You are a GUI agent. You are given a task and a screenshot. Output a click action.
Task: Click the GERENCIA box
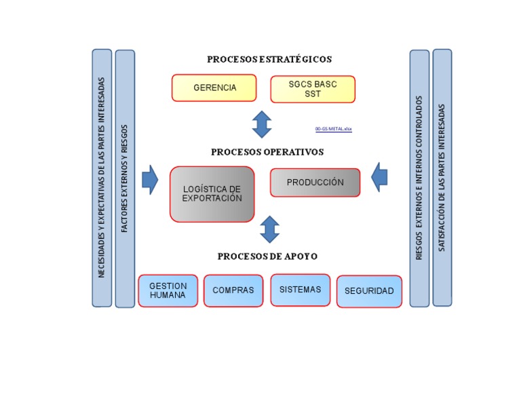(x=214, y=88)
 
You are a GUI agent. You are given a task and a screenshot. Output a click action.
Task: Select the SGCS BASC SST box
(x=313, y=89)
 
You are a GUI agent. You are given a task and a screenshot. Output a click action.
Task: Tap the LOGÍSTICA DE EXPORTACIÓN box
(x=212, y=194)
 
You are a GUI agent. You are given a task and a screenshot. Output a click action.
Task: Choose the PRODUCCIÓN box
(x=315, y=183)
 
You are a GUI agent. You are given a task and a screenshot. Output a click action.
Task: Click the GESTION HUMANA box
(x=168, y=290)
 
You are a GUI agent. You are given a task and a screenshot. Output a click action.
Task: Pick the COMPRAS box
(x=233, y=290)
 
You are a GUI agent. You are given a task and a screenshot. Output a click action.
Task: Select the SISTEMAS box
(x=300, y=290)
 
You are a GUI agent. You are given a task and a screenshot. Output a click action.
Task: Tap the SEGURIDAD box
(x=369, y=291)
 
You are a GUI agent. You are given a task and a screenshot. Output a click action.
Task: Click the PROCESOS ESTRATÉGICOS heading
(x=269, y=60)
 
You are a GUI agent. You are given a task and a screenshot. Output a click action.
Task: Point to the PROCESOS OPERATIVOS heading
(x=267, y=152)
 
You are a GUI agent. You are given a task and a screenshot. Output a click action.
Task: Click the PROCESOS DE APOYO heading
(x=267, y=256)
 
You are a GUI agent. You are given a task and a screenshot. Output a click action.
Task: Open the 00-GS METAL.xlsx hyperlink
(x=334, y=128)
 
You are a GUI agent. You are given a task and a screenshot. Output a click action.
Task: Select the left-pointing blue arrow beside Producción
(x=380, y=177)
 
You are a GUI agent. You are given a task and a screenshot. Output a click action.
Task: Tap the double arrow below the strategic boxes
(x=262, y=124)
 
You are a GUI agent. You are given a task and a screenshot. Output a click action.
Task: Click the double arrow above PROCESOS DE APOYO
(x=270, y=229)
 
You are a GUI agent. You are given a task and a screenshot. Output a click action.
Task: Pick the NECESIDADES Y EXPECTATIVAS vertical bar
(x=102, y=178)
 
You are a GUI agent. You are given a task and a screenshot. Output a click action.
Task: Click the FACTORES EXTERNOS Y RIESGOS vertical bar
(x=125, y=178)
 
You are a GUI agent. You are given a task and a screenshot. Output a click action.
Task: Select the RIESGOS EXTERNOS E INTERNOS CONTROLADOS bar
(x=419, y=178)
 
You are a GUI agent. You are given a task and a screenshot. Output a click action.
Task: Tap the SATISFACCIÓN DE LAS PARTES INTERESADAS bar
(x=442, y=178)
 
